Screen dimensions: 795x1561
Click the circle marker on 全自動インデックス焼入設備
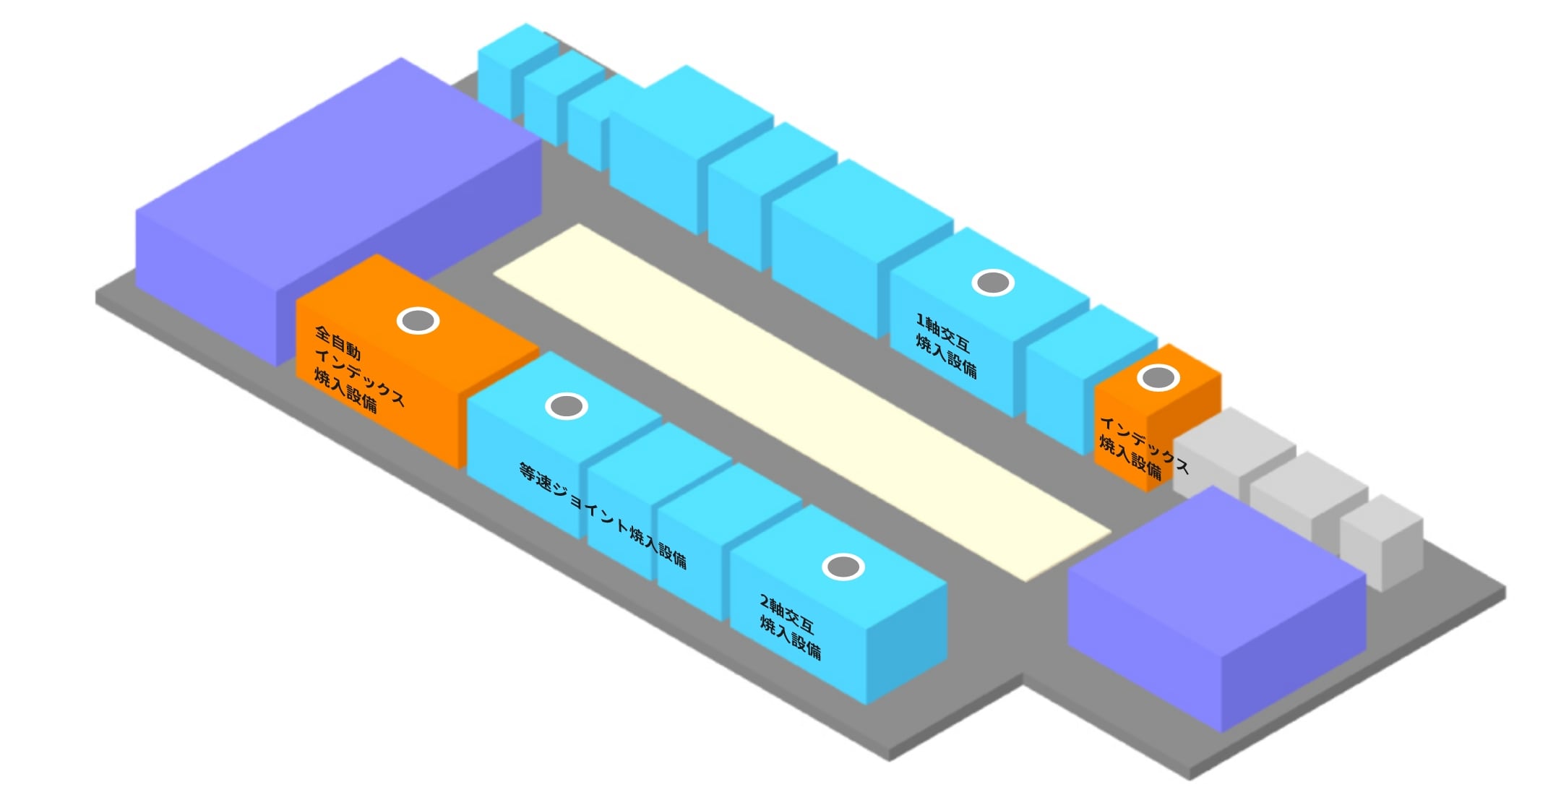click(418, 320)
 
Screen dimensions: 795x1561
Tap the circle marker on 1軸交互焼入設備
click(993, 283)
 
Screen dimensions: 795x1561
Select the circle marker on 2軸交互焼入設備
click(843, 567)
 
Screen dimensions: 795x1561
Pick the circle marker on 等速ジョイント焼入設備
click(567, 406)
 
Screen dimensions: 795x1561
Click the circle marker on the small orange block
click(1158, 377)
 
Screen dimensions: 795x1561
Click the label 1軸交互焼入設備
click(946, 345)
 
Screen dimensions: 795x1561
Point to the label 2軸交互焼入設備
click(790, 627)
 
